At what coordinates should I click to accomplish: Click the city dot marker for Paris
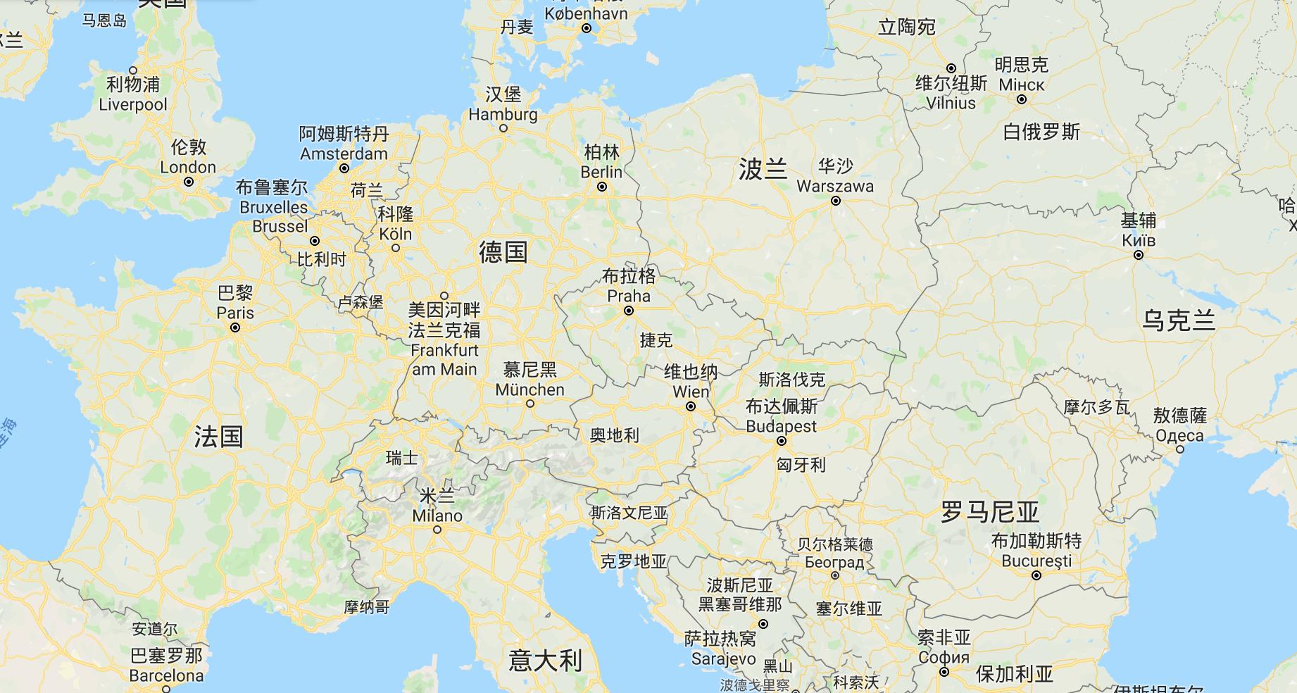point(235,327)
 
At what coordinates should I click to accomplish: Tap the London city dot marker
point(189,182)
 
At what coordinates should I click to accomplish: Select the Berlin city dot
point(602,187)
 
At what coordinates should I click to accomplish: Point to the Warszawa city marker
point(835,201)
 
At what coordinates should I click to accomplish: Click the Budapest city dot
point(781,442)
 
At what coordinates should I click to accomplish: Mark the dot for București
point(1036,575)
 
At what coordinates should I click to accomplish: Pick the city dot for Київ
point(1138,255)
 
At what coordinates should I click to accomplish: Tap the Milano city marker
point(437,530)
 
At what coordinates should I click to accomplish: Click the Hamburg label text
point(503,114)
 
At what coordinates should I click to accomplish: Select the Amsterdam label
point(344,154)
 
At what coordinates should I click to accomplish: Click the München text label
point(530,389)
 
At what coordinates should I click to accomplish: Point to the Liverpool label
point(133,104)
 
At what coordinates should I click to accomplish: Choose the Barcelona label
point(167,675)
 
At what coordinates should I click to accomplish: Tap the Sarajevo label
point(723,659)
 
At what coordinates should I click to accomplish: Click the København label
point(586,13)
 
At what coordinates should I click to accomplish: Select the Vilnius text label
point(951,103)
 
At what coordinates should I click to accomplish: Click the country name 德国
point(503,251)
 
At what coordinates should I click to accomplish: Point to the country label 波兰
point(763,169)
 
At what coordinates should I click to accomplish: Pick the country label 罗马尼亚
point(990,512)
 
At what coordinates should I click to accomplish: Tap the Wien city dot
point(691,406)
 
